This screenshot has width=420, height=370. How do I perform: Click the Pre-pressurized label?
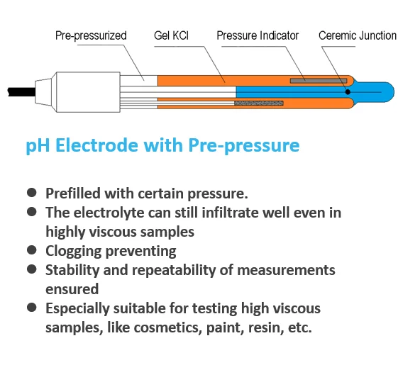91,36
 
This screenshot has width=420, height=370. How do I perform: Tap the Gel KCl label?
171,35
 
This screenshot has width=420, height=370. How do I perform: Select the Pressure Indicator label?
258,35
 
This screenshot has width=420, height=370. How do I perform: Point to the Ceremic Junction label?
358,35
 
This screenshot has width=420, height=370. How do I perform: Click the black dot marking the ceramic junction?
348,92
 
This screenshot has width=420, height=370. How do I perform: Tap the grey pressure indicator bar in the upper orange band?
319,81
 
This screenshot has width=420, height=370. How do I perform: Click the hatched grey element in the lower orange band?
259,103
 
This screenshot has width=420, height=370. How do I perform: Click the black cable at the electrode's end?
21,92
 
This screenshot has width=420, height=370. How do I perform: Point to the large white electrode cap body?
88,92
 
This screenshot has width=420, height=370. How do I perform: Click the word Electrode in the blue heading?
97,145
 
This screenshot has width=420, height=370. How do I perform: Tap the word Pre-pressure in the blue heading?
244,146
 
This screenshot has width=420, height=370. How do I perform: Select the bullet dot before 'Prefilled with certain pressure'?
32,193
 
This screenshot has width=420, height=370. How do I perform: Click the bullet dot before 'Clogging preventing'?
32,250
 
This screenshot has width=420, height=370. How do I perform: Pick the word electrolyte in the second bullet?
109,213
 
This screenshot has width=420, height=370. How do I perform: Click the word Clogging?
74,252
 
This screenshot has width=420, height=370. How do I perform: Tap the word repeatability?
174,271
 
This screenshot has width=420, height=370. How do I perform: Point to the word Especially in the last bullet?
77,309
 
